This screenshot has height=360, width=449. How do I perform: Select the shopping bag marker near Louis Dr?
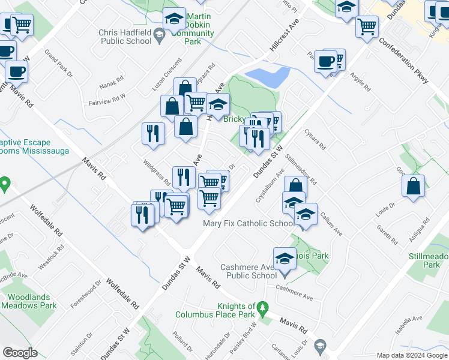point(414,187)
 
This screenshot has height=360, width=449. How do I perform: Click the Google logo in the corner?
point(20,352)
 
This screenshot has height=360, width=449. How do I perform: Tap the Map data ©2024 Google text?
point(412,355)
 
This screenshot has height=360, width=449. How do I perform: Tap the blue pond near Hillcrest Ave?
point(268,77)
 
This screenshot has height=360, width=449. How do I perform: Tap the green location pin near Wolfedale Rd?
point(5,183)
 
